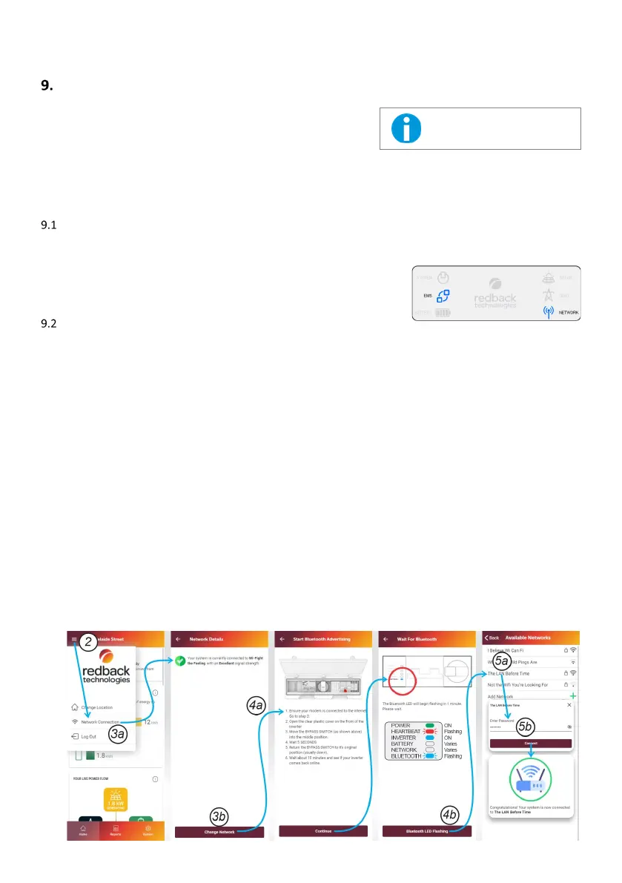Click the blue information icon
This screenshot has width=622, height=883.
point(406,128)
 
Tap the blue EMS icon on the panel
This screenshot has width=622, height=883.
point(443,296)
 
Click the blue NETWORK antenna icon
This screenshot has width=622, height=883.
point(548,312)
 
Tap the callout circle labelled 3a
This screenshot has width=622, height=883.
point(118,734)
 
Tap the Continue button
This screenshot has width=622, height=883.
point(322,832)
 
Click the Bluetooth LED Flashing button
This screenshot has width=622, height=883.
point(426,832)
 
